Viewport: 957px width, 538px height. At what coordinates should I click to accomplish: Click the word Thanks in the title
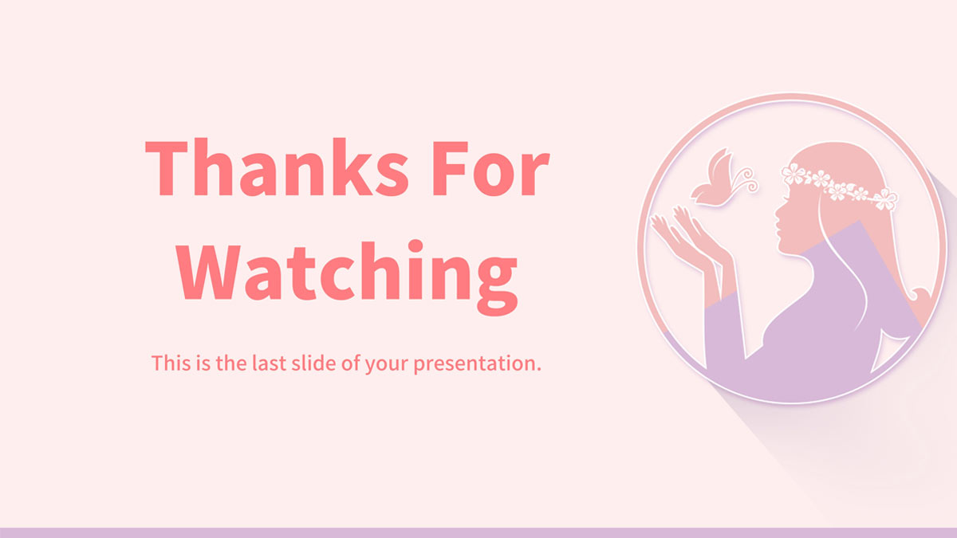pos(278,167)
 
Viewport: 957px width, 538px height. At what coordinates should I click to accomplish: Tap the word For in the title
pos(490,167)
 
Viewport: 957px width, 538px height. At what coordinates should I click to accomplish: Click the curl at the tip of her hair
pos(920,296)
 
